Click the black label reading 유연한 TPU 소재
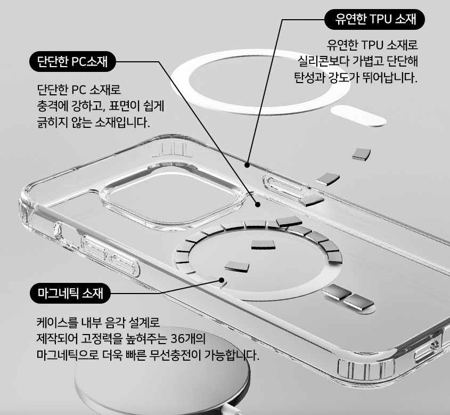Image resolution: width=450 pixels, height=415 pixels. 375,20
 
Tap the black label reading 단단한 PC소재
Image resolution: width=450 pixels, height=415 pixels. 72,62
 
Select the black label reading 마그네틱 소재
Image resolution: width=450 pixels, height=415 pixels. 70,293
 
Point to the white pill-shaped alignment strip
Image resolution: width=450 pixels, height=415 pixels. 358,116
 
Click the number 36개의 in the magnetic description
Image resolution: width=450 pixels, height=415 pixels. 189,339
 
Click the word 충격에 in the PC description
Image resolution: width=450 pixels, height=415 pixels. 51,105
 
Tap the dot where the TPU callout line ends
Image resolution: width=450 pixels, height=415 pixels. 248,165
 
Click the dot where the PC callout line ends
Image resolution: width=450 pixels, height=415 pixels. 258,204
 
